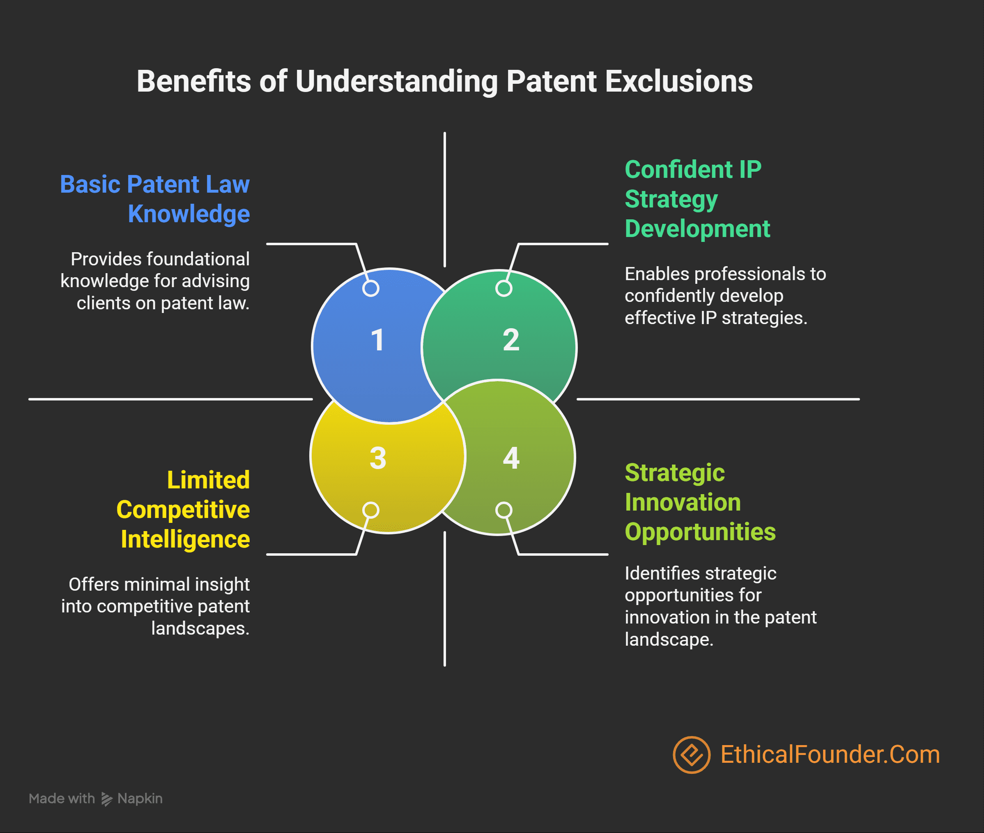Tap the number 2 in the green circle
pos(511,340)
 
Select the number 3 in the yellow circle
pos(378,458)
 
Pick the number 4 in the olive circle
pos(511,458)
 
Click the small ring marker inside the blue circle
pos(371,288)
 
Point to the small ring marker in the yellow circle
pos(371,510)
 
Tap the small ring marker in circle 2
pos(504,288)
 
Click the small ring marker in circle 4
pos(504,510)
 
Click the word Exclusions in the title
pos(678,81)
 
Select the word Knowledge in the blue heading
pos(189,214)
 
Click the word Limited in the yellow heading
pos(208,480)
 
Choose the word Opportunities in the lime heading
pos(700,532)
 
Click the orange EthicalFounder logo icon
pos(691,755)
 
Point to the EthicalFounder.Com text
pos(830,755)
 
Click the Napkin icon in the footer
pos(107,799)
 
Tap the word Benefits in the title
pos(193,81)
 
